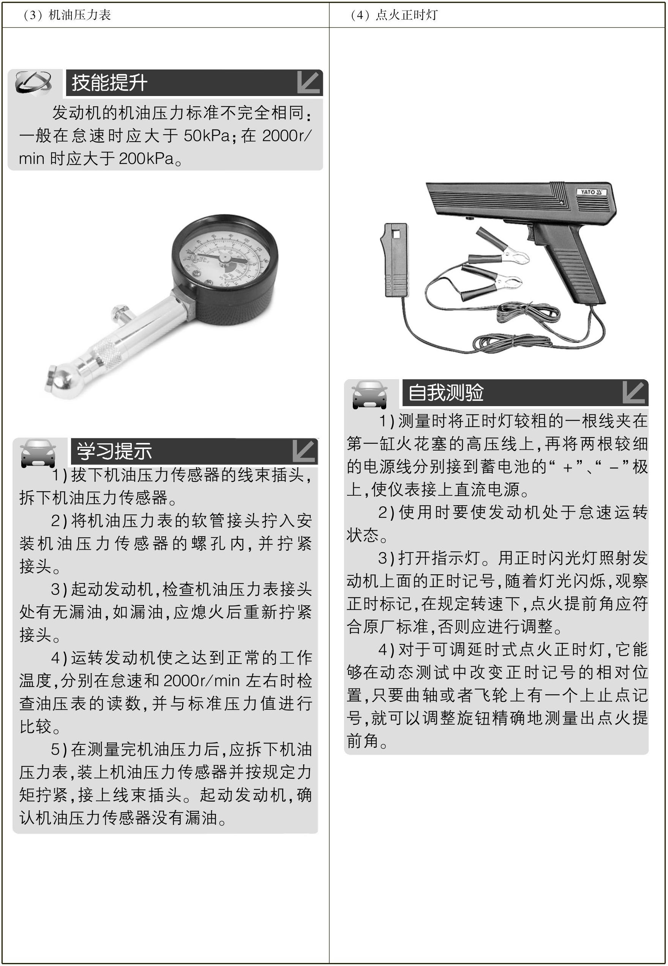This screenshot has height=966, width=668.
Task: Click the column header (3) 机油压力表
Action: click(x=67, y=15)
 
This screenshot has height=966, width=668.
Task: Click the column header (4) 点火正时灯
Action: click(x=394, y=15)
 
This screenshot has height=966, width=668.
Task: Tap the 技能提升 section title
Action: click(x=109, y=82)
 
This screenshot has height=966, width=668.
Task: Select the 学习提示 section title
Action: click(x=114, y=451)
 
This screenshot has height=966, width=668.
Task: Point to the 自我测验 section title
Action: click(x=446, y=392)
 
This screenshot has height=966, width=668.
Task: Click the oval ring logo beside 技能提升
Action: click(x=33, y=82)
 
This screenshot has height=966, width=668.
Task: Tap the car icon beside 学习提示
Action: click(x=38, y=453)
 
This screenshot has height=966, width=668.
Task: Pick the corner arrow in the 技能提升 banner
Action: click(x=308, y=82)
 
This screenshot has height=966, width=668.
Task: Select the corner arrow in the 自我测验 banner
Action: click(x=634, y=392)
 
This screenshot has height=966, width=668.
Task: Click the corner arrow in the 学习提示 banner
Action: click(x=304, y=451)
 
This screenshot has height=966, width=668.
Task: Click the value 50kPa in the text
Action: click(x=207, y=136)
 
